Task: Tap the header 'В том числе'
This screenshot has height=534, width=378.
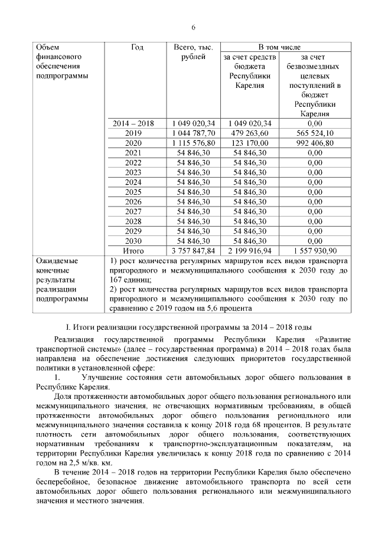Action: (282, 47)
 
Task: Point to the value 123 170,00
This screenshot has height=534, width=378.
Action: (250, 143)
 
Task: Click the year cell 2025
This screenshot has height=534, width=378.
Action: (133, 192)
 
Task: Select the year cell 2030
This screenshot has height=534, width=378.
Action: (133, 241)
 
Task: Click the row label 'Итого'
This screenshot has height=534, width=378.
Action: (133, 251)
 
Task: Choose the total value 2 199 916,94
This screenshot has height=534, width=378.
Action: (250, 251)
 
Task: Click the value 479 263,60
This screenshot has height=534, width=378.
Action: (250, 133)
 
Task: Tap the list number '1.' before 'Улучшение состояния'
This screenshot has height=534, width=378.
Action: (57, 377)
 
